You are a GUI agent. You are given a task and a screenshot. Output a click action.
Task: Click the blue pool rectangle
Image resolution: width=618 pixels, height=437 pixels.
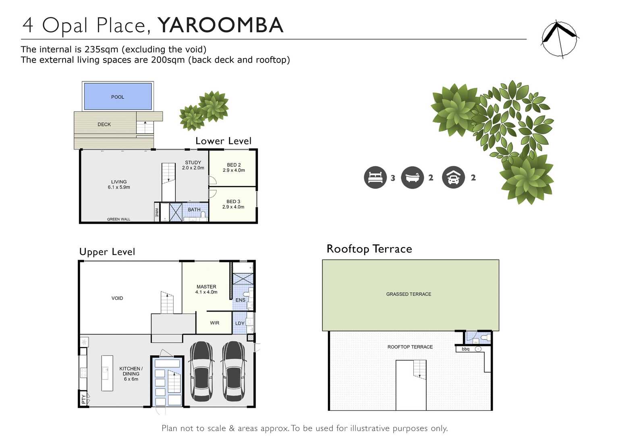click(118, 96)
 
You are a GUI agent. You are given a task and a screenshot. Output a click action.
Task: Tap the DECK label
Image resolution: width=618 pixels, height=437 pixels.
click(104, 125)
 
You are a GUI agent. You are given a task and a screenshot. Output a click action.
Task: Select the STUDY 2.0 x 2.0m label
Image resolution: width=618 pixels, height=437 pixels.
click(193, 165)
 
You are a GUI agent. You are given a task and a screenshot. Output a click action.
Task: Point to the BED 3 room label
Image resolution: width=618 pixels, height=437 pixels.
click(233, 204)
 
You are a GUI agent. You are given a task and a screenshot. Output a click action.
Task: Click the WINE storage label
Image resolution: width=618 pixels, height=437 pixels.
click(157, 212)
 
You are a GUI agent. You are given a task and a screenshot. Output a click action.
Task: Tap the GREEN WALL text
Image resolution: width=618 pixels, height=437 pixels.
click(118, 219)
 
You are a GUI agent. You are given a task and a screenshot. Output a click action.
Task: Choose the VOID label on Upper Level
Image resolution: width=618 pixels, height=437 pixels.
click(117, 298)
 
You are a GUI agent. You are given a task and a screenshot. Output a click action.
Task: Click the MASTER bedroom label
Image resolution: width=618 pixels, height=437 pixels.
click(206, 289)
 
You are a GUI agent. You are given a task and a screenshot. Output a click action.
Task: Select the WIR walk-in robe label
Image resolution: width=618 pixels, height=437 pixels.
click(215, 323)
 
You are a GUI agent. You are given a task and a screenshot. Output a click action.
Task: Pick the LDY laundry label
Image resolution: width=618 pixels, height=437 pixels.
click(240, 323)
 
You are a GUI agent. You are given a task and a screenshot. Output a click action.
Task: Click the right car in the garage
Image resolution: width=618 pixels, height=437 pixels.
click(233, 371)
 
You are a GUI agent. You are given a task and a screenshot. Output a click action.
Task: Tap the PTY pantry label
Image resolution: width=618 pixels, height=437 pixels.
click(83, 399)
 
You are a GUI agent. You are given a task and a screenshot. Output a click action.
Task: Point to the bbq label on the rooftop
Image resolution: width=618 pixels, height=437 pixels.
click(466, 349)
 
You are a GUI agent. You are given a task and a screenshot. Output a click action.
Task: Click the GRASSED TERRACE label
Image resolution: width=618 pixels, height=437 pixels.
click(409, 294)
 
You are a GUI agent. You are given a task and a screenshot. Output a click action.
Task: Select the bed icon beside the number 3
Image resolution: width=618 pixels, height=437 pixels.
click(375, 177)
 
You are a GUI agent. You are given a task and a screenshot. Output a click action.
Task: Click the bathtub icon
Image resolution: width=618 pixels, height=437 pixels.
click(412, 177)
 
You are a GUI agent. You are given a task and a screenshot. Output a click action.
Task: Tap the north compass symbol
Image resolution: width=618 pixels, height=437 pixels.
click(559, 39)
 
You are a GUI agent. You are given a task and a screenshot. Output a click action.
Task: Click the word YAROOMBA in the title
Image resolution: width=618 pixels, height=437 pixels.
click(220, 25)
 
